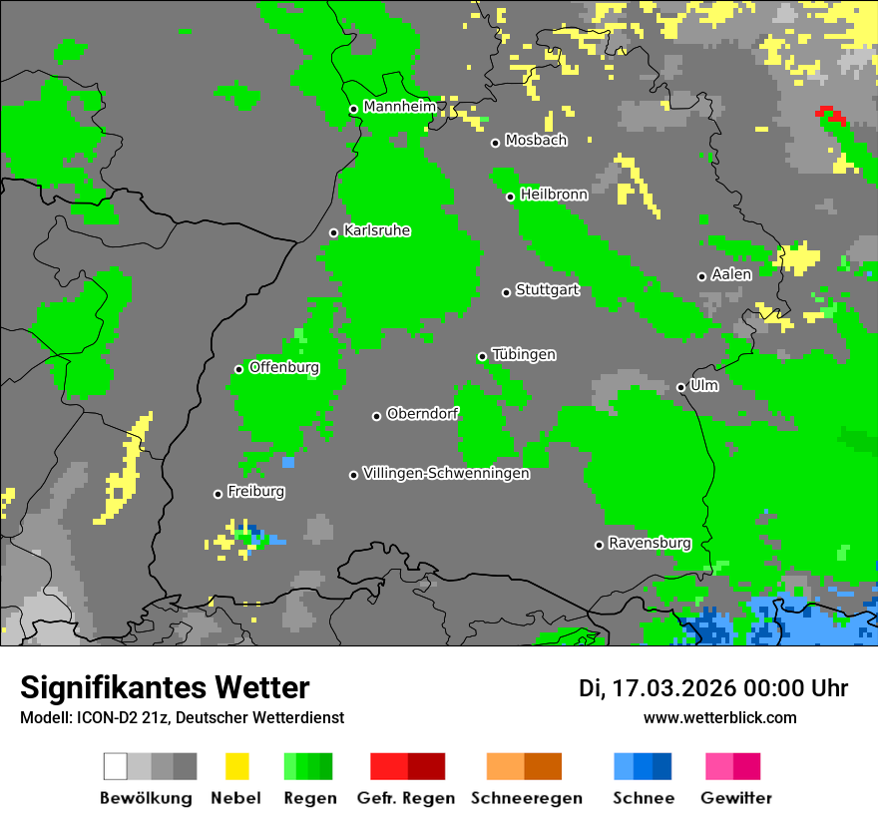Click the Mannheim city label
(399, 107)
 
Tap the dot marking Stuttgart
(506, 292)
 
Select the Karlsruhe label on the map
(376, 230)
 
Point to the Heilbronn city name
(554, 195)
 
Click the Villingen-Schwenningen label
(446, 473)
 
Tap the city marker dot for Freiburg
(218, 494)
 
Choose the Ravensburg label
(650, 543)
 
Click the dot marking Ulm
(680, 387)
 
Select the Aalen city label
(731, 274)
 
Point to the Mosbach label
(536, 141)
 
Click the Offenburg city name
(284, 367)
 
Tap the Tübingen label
(524, 354)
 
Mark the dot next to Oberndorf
(376, 416)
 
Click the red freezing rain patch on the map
(830, 116)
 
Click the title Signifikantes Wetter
(165, 687)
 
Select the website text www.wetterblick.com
(719, 717)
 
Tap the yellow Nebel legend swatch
(237, 766)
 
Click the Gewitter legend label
(736, 798)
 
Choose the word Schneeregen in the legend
(527, 798)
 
